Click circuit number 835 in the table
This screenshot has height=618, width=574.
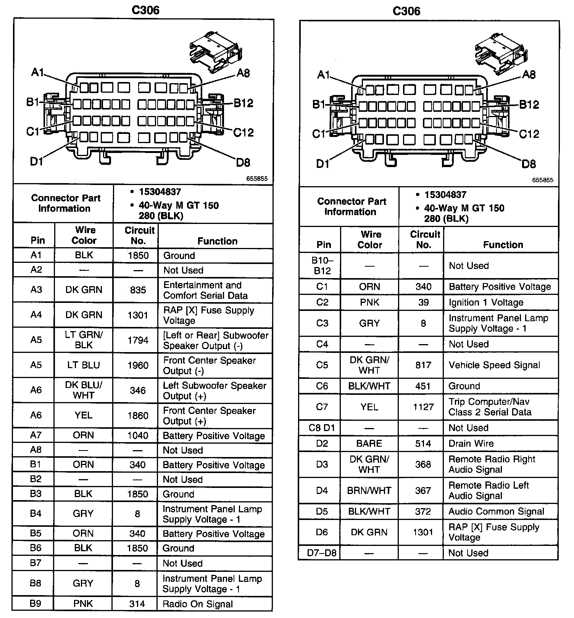click(138, 290)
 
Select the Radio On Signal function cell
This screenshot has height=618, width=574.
click(198, 604)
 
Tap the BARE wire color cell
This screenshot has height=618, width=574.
click(369, 443)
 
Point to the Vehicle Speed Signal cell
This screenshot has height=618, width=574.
click(494, 365)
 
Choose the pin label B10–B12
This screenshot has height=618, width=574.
click(322, 266)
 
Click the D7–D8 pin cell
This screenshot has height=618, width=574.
click(322, 552)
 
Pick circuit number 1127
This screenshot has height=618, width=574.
click(423, 407)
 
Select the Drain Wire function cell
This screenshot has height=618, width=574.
click(471, 443)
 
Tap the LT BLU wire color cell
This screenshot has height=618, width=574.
click(84, 365)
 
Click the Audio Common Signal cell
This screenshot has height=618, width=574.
click(496, 511)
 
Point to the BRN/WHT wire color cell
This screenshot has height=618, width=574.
click(369, 490)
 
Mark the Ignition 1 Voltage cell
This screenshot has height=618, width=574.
click(486, 303)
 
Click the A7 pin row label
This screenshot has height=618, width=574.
click(36, 435)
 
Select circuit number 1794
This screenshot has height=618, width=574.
click(138, 340)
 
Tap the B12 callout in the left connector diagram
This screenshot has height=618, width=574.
click(243, 103)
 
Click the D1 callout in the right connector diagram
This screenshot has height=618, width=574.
click(323, 164)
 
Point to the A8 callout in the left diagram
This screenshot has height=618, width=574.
click(243, 73)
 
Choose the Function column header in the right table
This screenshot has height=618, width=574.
click(503, 245)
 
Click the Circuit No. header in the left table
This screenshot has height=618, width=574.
click(139, 235)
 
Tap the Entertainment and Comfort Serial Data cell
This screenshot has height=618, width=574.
click(205, 290)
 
